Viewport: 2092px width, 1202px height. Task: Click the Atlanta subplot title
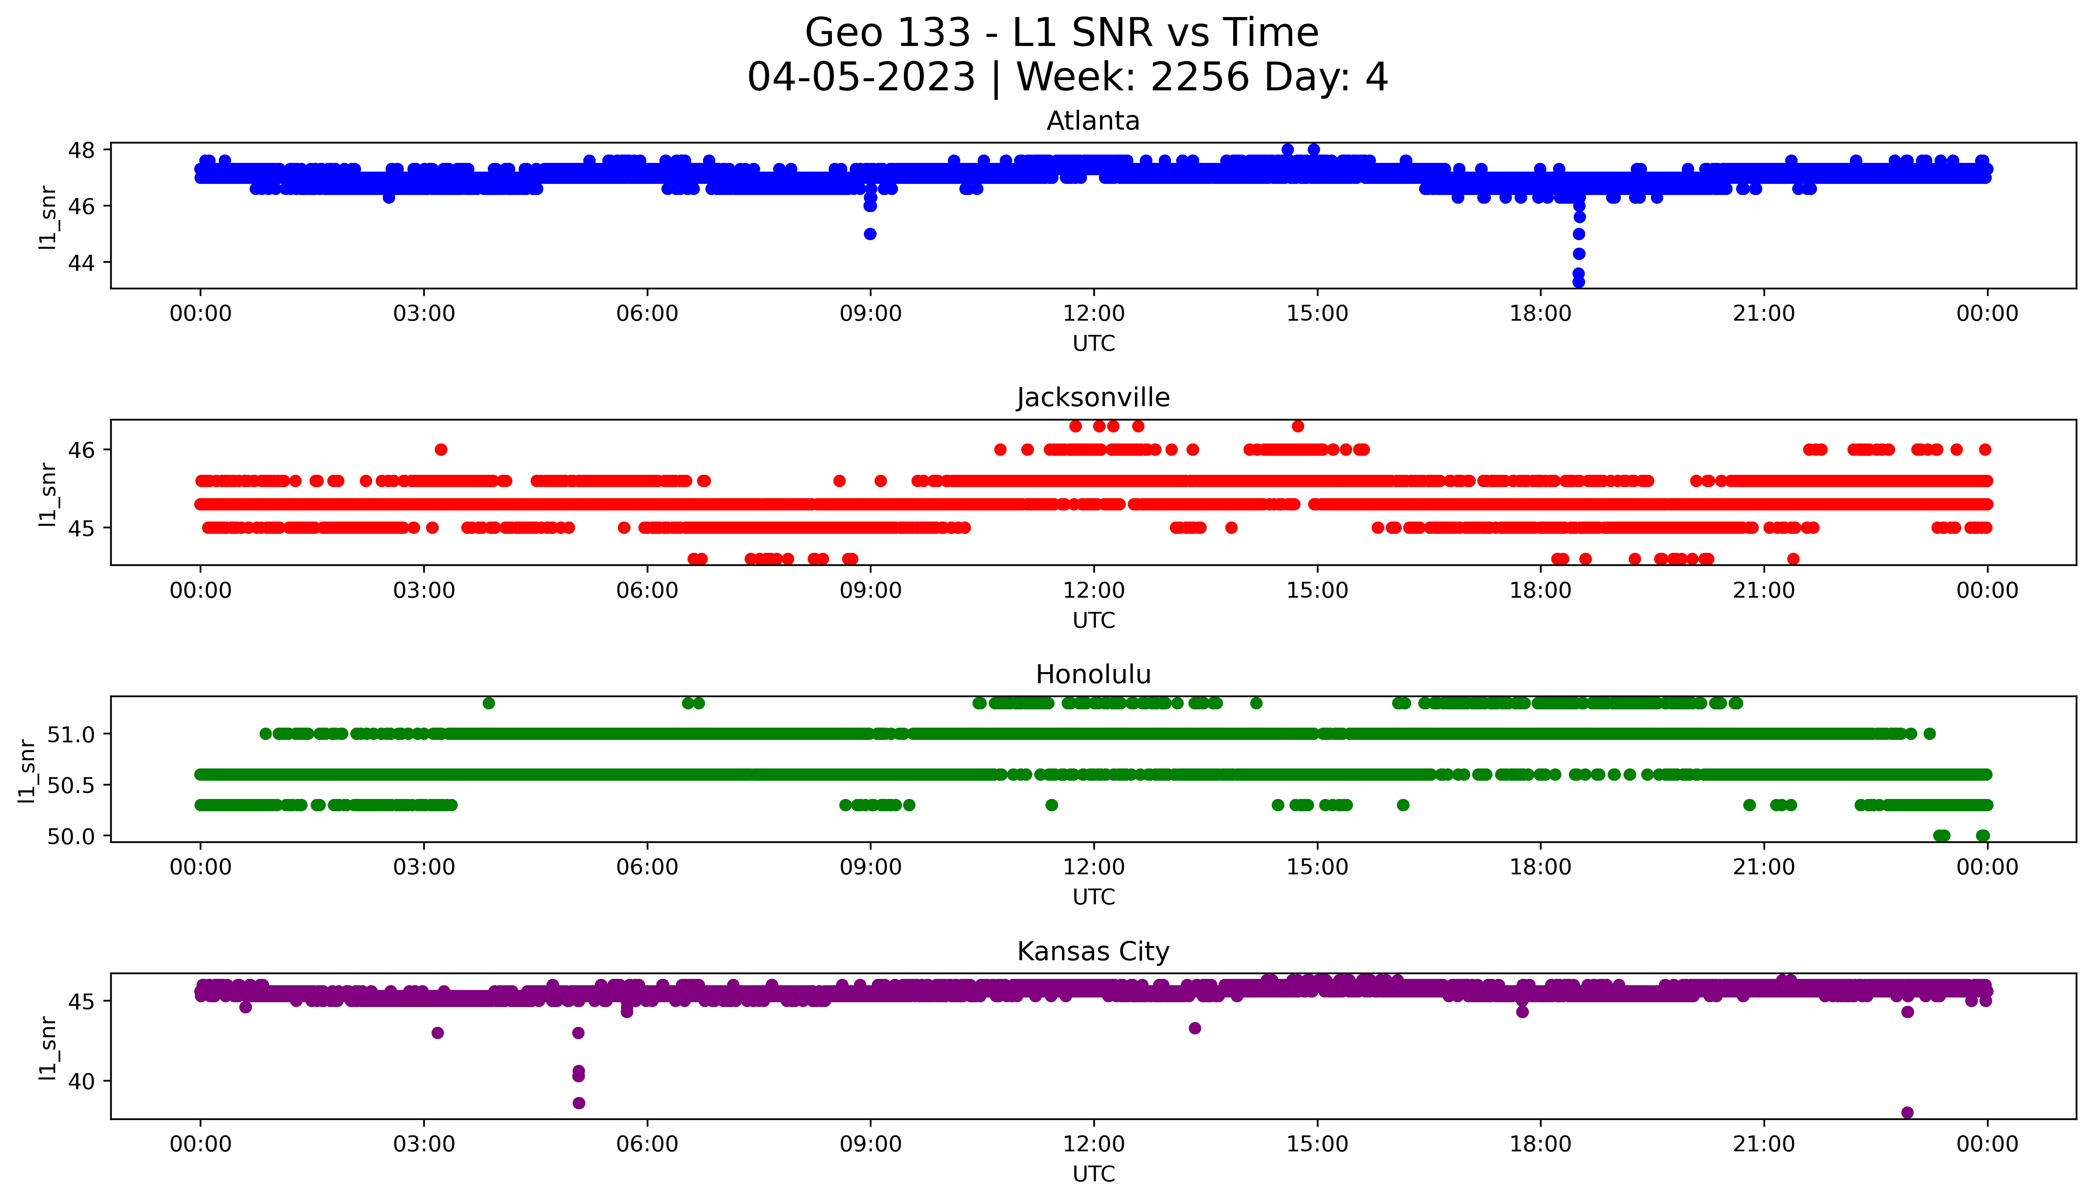coord(1093,121)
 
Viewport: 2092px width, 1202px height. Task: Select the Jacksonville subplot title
coord(1093,398)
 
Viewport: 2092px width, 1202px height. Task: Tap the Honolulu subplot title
coord(1093,675)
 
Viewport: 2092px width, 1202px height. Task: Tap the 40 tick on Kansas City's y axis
coord(86,1081)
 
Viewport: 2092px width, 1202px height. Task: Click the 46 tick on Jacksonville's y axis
coord(86,450)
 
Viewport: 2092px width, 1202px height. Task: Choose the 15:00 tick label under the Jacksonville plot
coord(1317,590)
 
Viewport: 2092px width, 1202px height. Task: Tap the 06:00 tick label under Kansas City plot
coord(647,1144)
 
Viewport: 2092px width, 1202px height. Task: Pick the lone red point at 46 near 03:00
coord(441,450)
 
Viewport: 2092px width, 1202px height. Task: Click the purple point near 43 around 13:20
coord(1194,1028)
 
